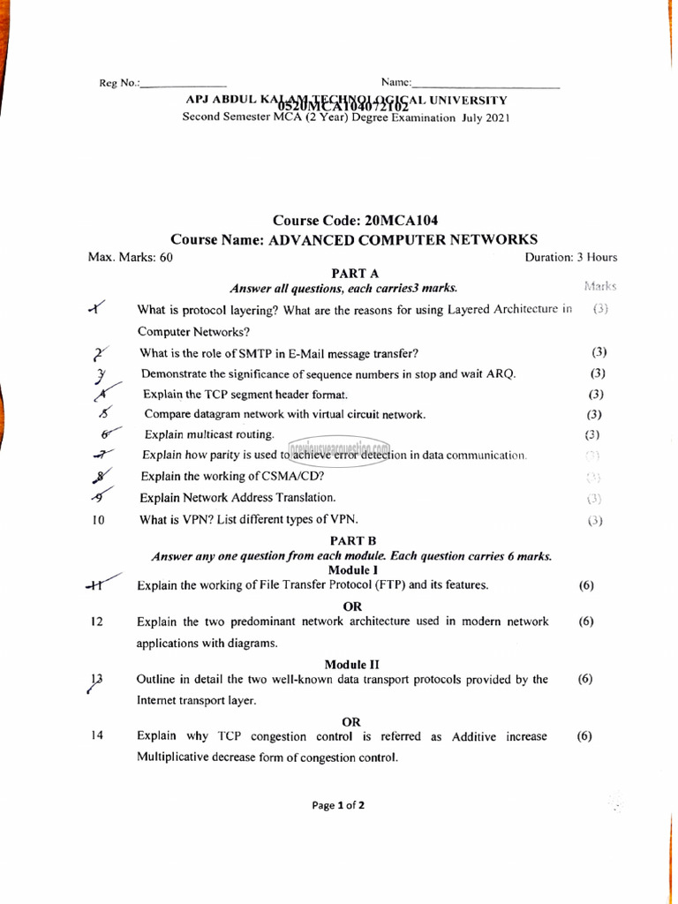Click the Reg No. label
pyautogui.click(x=119, y=83)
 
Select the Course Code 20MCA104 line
pyautogui.click(x=355, y=220)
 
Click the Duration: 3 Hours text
pyautogui.click(x=570, y=258)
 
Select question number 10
pyautogui.click(x=99, y=520)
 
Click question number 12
pyautogui.click(x=97, y=621)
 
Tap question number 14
pyautogui.click(x=97, y=736)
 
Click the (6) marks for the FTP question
pyautogui.click(x=585, y=585)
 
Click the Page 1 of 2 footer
pyautogui.click(x=338, y=805)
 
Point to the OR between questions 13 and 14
pyautogui.click(x=351, y=721)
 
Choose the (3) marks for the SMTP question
pyautogui.click(x=598, y=352)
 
